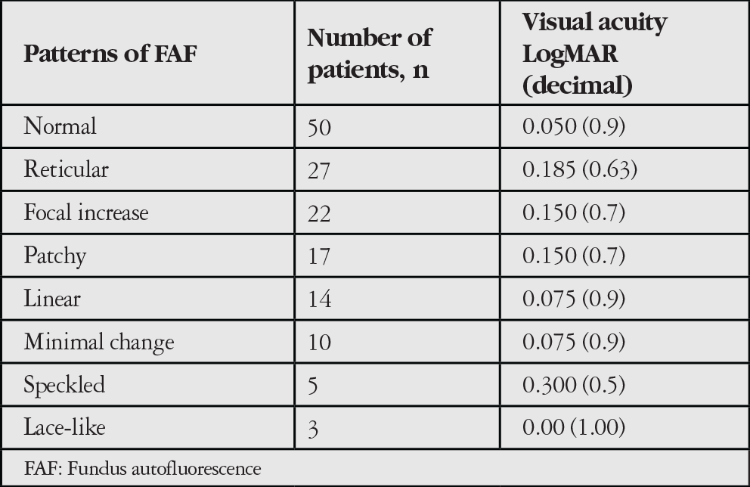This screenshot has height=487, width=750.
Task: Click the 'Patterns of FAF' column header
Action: (x=110, y=54)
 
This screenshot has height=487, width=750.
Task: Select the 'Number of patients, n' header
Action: (x=369, y=54)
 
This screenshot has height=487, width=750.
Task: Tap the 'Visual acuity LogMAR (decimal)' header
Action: (x=594, y=54)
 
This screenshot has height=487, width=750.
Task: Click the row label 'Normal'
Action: (x=60, y=126)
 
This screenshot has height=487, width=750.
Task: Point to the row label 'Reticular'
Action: (x=66, y=169)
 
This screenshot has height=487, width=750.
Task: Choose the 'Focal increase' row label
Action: (x=86, y=212)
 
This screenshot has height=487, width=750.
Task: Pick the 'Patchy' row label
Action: (x=55, y=256)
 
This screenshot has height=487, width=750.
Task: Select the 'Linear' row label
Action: (x=52, y=299)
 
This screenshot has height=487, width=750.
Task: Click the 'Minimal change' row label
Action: (x=99, y=342)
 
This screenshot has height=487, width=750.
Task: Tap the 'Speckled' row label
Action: (x=64, y=385)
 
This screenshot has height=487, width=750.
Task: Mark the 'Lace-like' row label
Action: (x=64, y=427)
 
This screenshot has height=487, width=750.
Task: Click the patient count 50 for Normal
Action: (x=319, y=128)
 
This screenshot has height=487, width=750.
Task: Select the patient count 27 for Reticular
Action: (x=318, y=171)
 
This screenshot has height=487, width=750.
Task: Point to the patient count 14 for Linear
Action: (x=319, y=299)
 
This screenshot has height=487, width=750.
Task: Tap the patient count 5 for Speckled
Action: (x=313, y=386)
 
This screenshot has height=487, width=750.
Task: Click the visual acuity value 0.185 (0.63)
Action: (x=580, y=169)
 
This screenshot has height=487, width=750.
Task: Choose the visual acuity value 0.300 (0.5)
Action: (x=574, y=385)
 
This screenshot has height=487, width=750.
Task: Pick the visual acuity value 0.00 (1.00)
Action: (x=574, y=427)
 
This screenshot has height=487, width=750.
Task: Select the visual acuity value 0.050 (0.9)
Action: (x=574, y=126)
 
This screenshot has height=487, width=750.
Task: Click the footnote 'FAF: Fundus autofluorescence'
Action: (x=143, y=469)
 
